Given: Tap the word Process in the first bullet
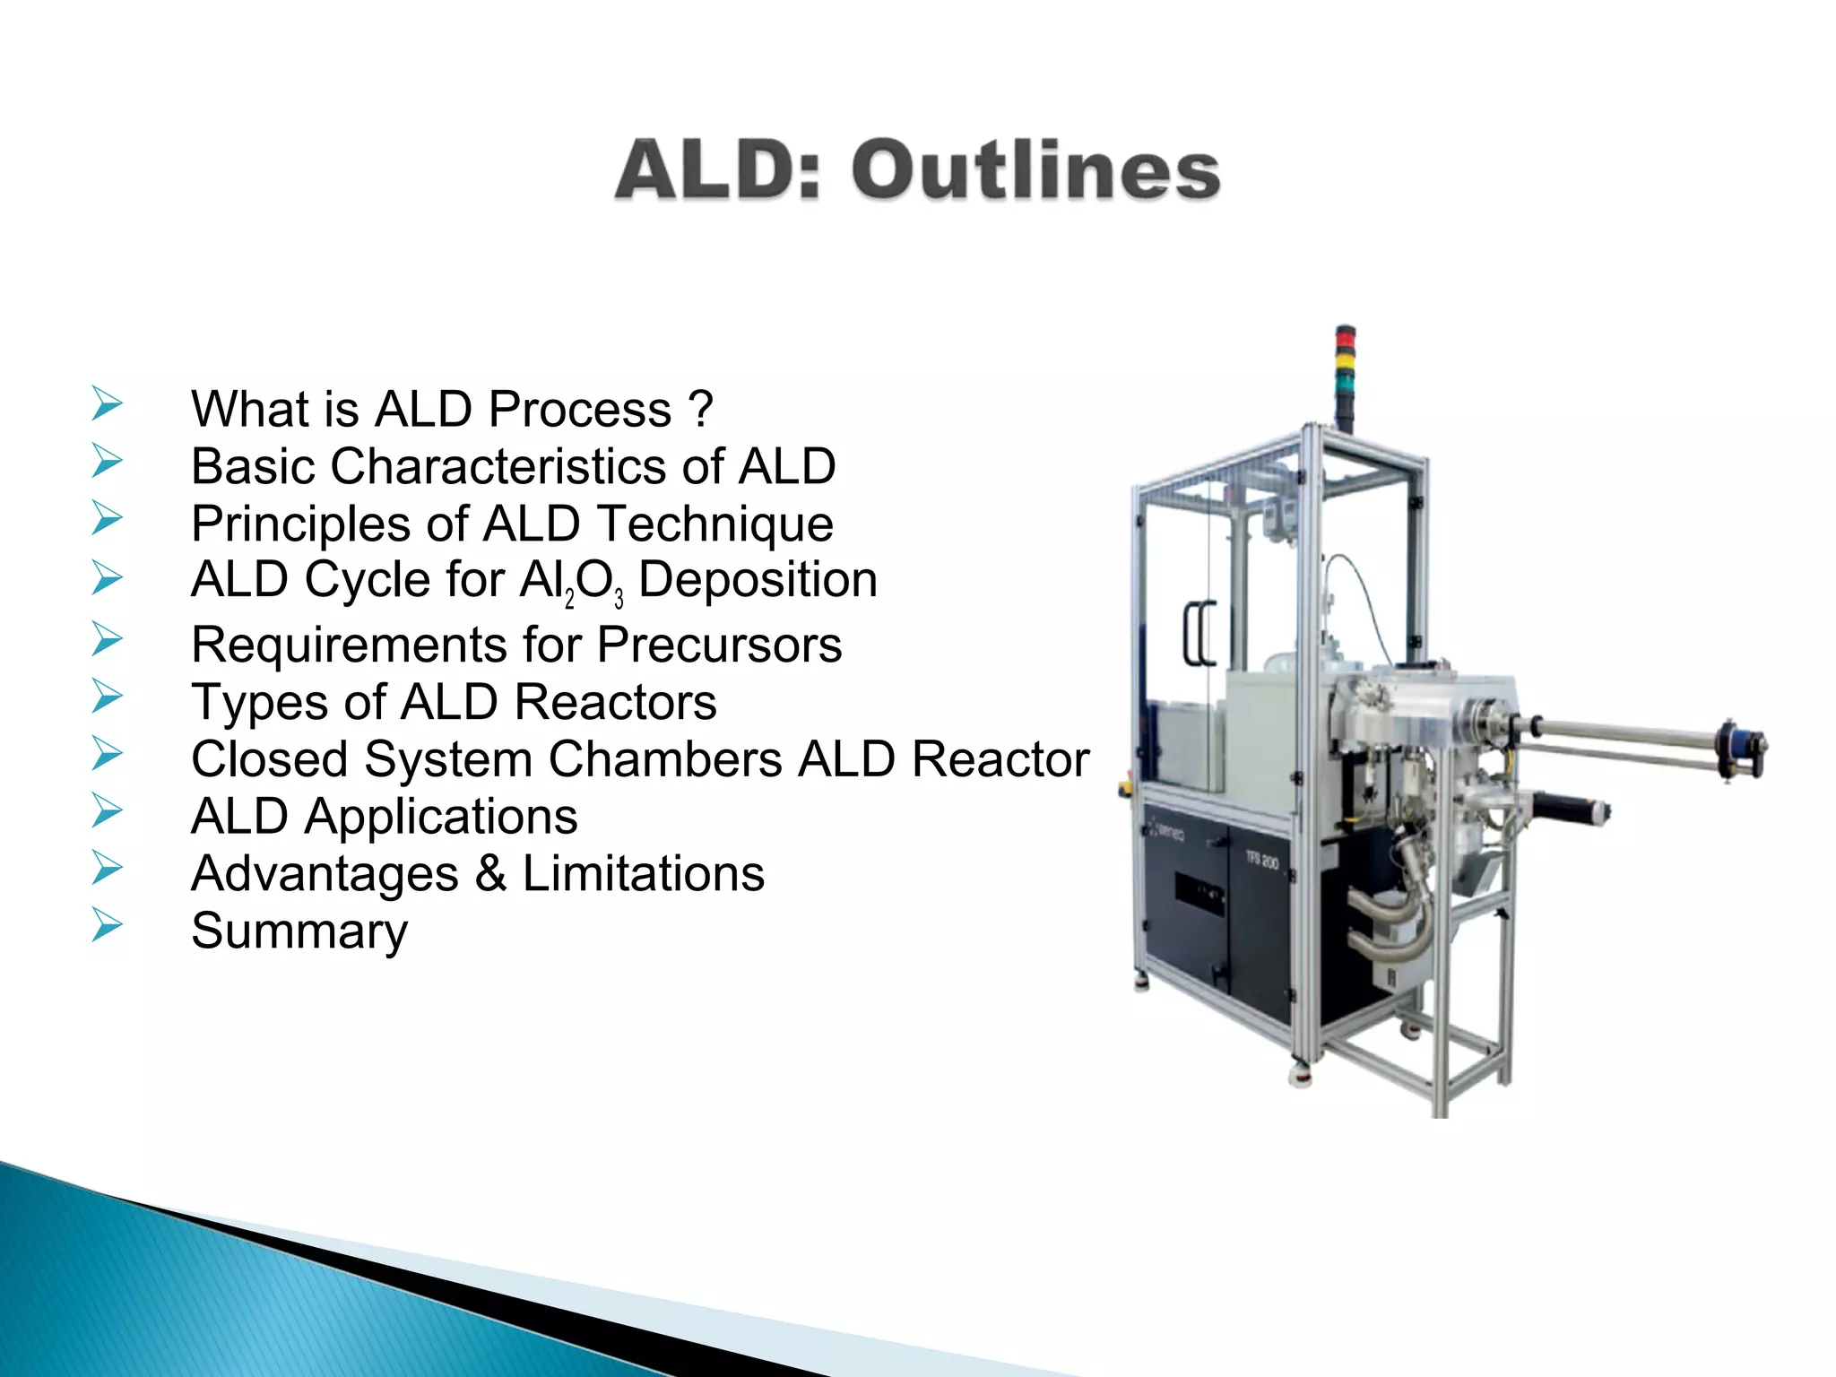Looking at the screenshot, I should [580, 410].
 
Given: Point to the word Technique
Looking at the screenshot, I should [714, 524].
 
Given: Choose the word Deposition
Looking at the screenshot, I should [758, 580].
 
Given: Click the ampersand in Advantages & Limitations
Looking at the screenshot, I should [490, 874].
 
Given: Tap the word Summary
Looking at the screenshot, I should [299, 931].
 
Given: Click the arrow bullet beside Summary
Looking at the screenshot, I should [107, 924].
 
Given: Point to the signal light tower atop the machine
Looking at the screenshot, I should [1345, 377].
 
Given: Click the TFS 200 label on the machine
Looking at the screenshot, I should [1261, 861].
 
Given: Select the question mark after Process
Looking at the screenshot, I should [702, 410].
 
